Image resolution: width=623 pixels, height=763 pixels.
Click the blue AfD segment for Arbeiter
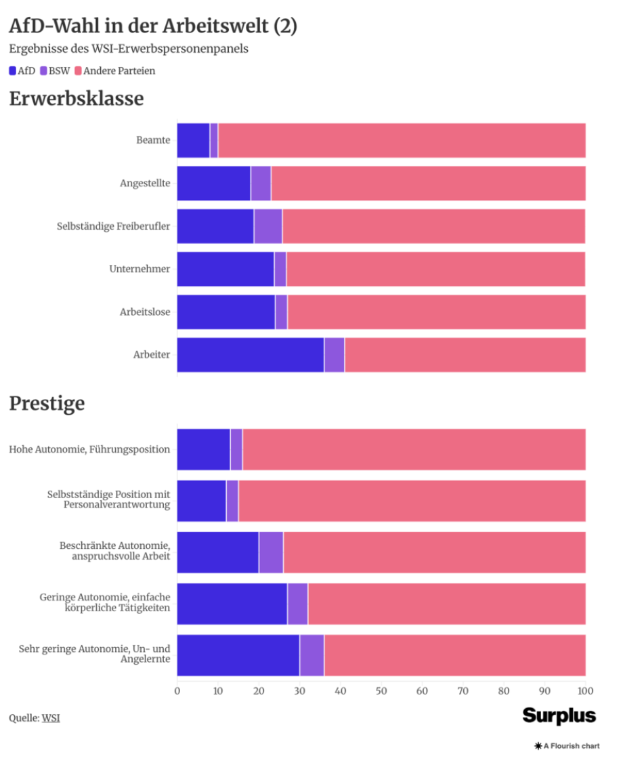[251, 355]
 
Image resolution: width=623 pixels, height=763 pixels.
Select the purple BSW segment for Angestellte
[261, 183]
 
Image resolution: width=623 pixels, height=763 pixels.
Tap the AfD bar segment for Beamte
[194, 140]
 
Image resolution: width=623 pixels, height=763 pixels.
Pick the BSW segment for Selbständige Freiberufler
[268, 226]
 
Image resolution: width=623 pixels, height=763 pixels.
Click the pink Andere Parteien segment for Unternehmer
[435, 269]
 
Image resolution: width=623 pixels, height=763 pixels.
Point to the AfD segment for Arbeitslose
[226, 312]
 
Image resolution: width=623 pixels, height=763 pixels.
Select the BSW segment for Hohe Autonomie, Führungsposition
[236, 449]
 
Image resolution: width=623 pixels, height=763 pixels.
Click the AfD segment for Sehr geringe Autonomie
[238, 655]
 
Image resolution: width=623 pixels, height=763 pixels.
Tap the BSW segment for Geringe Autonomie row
[298, 604]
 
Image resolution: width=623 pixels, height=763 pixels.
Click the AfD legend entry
[22, 70]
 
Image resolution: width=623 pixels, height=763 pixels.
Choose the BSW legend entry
[55, 70]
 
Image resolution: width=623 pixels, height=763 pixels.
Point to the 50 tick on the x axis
[381, 691]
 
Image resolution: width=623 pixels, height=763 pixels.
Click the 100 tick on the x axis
[585, 691]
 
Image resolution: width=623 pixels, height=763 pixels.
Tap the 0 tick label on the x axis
[177, 691]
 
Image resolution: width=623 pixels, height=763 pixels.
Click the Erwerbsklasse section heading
[77, 99]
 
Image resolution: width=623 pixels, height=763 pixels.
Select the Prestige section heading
[47, 404]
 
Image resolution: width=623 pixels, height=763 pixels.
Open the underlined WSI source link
[51, 718]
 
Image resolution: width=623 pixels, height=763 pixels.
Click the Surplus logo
[559, 716]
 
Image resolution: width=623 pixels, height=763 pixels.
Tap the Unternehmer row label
[139, 269]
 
